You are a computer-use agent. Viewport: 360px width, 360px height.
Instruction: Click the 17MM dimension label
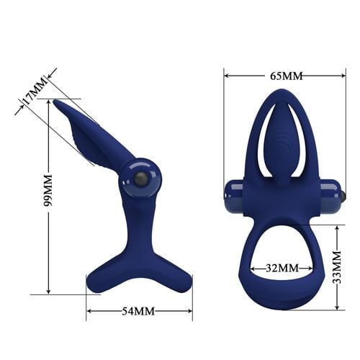point(34,93)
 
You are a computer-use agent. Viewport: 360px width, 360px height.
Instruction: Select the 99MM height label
point(47,190)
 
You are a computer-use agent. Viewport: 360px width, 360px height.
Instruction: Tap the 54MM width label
point(138,311)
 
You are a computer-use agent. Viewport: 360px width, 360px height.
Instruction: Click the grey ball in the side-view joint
point(140,179)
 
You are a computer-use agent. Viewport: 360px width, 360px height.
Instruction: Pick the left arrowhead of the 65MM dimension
point(226,74)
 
